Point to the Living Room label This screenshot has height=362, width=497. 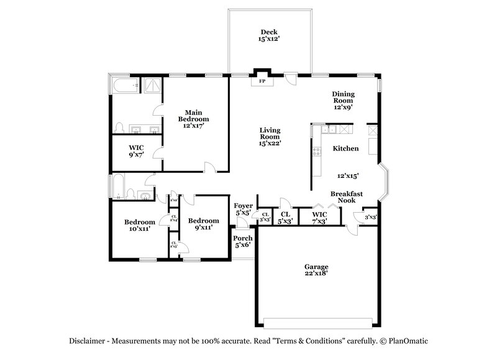tap(270, 137)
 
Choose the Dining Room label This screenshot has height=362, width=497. tap(343, 100)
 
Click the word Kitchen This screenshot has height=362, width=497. tap(345, 149)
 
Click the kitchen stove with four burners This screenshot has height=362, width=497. tap(316, 151)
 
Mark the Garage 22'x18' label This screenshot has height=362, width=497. tap(316, 269)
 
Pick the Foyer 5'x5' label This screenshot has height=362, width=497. tap(243, 209)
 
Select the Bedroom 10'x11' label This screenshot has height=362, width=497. tap(139, 225)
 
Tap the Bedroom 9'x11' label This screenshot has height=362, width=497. tap(204, 225)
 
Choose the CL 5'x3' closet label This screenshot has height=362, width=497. tap(285, 218)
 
